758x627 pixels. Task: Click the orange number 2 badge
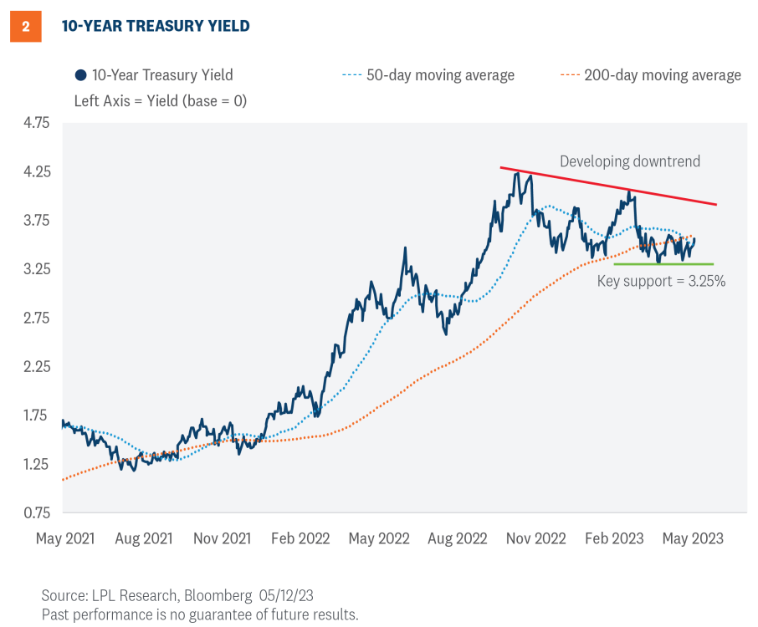25,27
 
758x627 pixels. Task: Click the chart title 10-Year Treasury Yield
156,27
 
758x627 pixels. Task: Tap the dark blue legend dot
80,75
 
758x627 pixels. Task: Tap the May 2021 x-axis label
65,538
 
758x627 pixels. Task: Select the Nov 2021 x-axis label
222,538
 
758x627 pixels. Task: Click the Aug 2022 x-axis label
458,538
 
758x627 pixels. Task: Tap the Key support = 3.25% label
661,282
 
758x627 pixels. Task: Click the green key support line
663,264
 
